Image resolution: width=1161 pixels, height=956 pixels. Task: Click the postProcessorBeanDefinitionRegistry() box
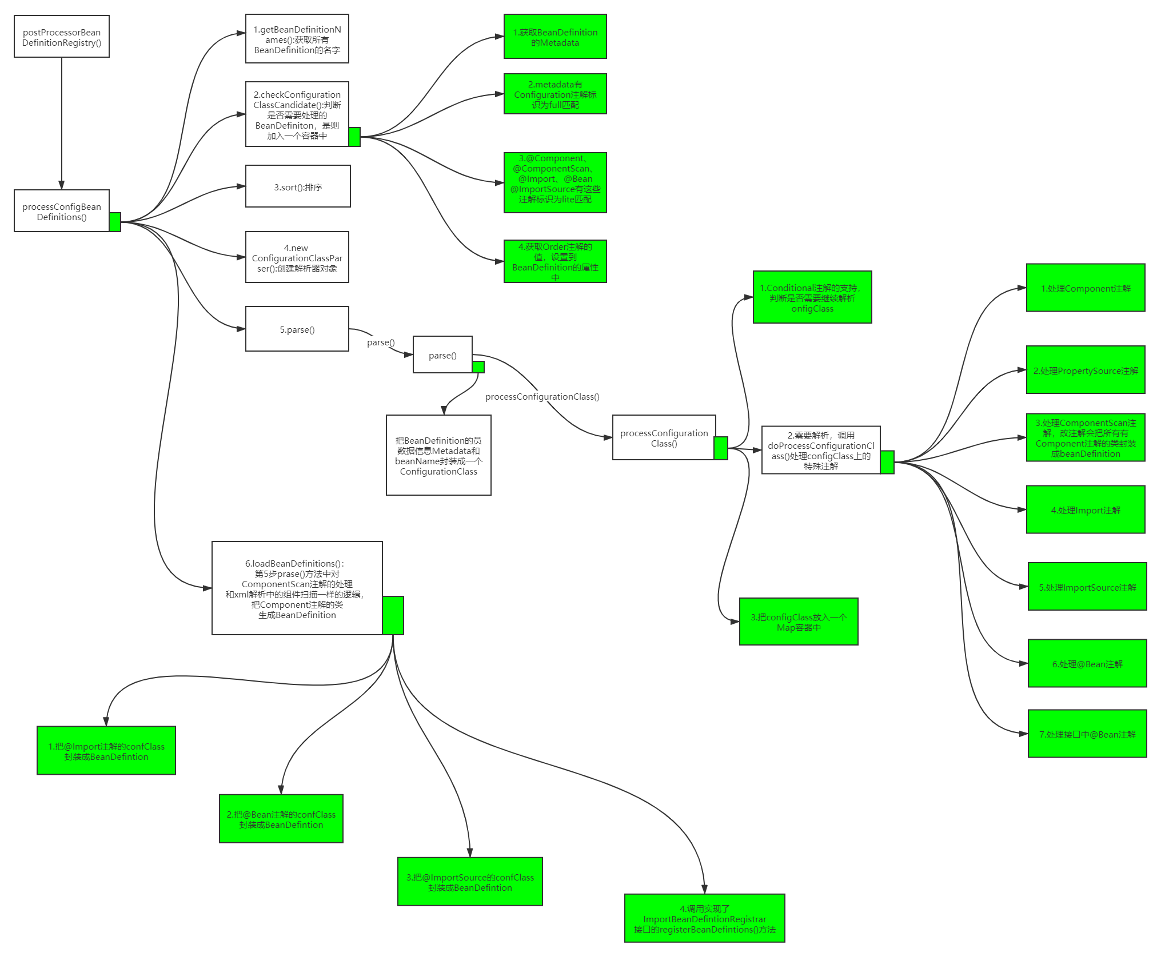pyautogui.click(x=62, y=37)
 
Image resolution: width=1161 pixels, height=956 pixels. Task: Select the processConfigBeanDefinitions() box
pyautogui.click(x=62, y=211)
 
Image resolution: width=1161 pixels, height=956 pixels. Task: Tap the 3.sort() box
pyautogui.click(x=298, y=186)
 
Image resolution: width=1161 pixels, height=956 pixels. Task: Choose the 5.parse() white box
pyautogui.click(x=297, y=329)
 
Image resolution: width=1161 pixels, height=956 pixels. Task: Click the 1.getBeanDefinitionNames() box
pyautogui.click(x=297, y=39)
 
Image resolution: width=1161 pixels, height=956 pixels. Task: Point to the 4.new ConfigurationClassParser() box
pyautogui.click(x=297, y=257)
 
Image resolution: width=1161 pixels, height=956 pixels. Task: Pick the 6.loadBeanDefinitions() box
pyautogui.click(x=297, y=588)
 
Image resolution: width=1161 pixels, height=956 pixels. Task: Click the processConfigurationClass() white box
pyautogui.click(x=664, y=437)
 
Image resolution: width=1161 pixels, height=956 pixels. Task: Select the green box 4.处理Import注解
pyautogui.click(x=1086, y=509)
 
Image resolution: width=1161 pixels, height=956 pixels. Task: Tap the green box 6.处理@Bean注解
pyautogui.click(x=1087, y=663)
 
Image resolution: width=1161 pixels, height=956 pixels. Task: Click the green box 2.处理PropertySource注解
pyautogui.click(x=1086, y=370)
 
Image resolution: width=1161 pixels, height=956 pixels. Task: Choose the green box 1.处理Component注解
pyautogui.click(x=1086, y=288)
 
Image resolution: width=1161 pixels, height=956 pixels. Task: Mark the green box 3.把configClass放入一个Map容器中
pyautogui.click(x=799, y=622)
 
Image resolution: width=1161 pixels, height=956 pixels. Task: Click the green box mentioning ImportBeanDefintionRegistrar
pyautogui.click(x=704, y=918)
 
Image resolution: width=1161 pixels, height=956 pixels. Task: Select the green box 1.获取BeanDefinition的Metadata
pyautogui.click(x=555, y=37)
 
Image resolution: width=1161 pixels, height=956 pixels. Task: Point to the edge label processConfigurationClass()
pyautogui.click(x=542, y=396)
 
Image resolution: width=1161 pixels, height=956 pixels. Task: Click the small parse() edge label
pyautogui.click(x=381, y=342)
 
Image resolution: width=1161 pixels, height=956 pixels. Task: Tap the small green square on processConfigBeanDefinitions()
pyautogui.click(x=115, y=222)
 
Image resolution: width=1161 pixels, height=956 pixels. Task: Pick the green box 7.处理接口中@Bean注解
pyautogui.click(x=1087, y=734)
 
